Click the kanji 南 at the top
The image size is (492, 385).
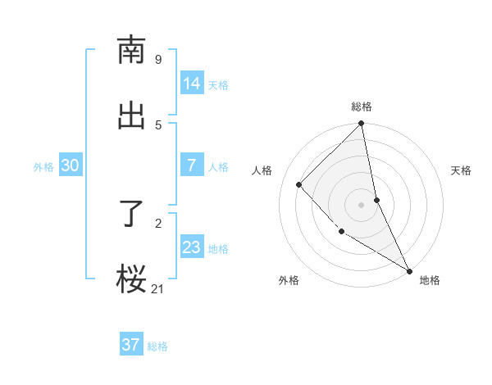[x=131, y=50]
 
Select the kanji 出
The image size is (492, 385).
[x=131, y=115]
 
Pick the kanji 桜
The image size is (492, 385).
[x=131, y=279]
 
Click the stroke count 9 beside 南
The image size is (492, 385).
[x=157, y=59]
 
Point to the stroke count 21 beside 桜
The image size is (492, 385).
[x=157, y=288]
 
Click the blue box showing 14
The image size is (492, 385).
[x=192, y=84]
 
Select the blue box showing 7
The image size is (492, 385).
[x=192, y=165]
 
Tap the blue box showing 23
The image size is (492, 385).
[x=192, y=247]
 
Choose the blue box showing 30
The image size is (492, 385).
[x=71, y=165]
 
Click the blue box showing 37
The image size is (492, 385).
[x=131, y=345]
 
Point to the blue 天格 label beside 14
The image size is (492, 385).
[x=218, y=85]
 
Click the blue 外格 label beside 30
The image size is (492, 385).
[x=43, y=167]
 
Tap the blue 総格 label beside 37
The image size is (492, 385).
[x=157, y=346]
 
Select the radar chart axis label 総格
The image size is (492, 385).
[x=362, y=106]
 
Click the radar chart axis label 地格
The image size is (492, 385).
[x=430, y=280]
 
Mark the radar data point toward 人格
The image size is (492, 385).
[x=299, y=184]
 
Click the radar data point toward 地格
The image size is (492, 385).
[x=409, y=270]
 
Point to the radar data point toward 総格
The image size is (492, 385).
[x=362, y=125]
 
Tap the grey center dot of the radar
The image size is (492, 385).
[x=362, y=205]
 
